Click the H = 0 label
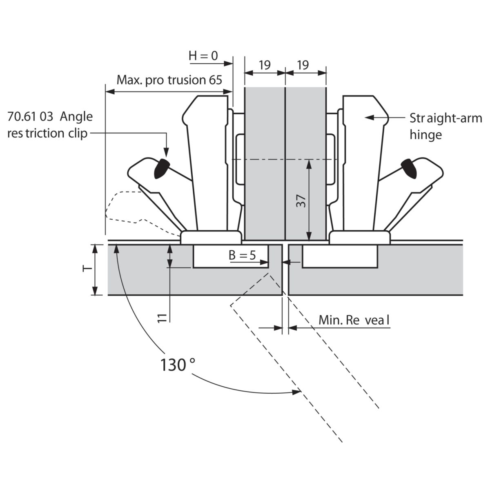click(203, 56)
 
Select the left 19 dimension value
click(265, 65)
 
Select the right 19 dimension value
click(303, 65)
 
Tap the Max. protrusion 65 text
click(169, 80)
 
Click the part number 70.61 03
click(30, 117)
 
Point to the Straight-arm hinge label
click(445, 126)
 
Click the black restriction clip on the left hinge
click(161, 168)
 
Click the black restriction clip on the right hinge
click(409, 168)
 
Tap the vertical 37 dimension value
click(301, 201)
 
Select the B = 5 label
click(242, 255)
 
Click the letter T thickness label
click(87, 269)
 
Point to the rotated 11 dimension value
click(162, 318)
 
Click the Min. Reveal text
click(354, 321)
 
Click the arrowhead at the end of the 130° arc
click(297, 392)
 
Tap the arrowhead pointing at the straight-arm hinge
click(369, 118)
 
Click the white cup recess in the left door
click(231, 256)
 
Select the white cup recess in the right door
click(340, 256)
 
